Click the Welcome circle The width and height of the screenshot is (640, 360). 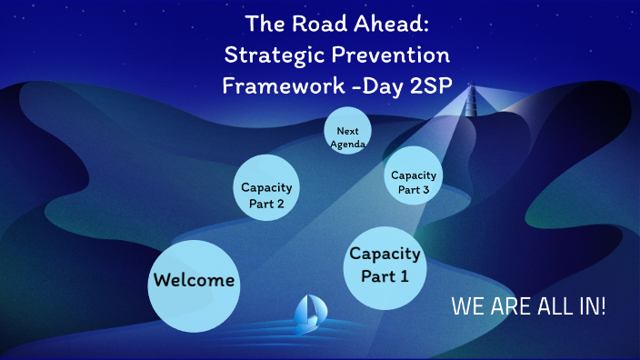[194, 285]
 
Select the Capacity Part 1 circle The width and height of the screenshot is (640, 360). [385, 265]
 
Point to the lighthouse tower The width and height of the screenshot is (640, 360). [471, 100]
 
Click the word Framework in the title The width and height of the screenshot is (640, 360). [276, 87]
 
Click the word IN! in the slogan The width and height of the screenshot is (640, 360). [588, 306]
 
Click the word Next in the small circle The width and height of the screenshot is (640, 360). [346, 131]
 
